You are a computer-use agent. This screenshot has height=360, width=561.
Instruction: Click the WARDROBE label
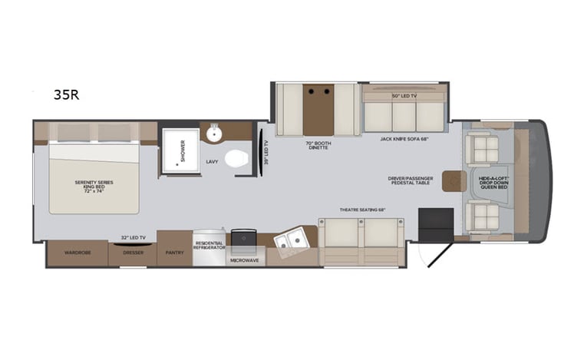(77, 252)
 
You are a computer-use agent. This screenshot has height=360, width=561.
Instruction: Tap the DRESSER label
(133, 252)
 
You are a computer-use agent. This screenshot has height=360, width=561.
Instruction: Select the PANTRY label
(173, 252)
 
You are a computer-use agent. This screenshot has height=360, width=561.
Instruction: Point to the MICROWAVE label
(245, 261)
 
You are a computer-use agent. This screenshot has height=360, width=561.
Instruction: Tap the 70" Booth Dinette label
(317, 144)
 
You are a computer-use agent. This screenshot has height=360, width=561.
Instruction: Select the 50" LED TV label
(404, 96)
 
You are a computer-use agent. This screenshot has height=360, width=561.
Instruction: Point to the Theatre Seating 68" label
(362, 210)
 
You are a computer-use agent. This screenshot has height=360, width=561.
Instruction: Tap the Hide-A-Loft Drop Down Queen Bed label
(495, 183)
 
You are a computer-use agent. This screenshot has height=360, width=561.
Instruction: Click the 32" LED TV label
(133, 236)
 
